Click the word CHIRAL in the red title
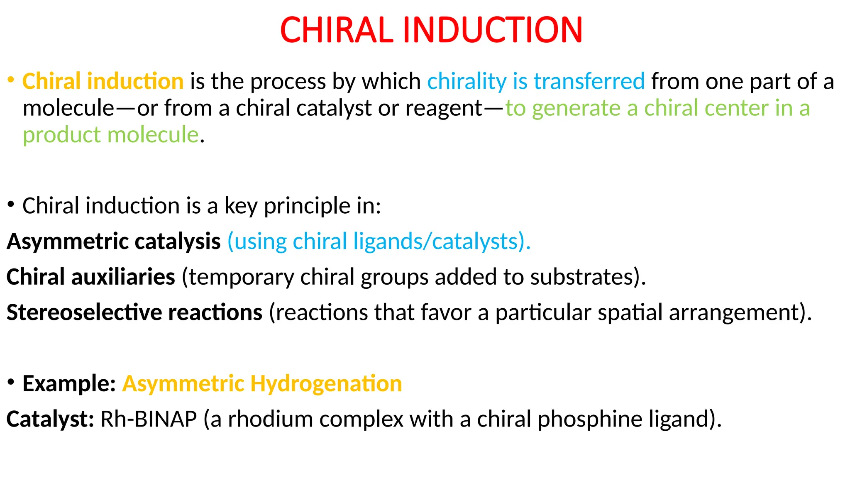pyautogui.click(x=337, y=30)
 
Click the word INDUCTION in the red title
pyautogui.click(x=493, y=30)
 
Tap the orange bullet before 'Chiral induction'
pyautogui.click(x=11, y=79)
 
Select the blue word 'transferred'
pyautogui.click(x=589, y=81)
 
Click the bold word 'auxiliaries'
pyautogui.click(x=123, y=277)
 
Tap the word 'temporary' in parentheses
pyautogui.click(x=241, y=277)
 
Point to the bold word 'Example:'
pyautogui.click(x=69, y=383)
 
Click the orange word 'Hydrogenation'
pyautogui.click(x=326, y=384)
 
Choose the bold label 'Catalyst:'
pyautogui.click(x=50, y=419)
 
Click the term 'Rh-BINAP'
pyautogui.click(x=149, y=419)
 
